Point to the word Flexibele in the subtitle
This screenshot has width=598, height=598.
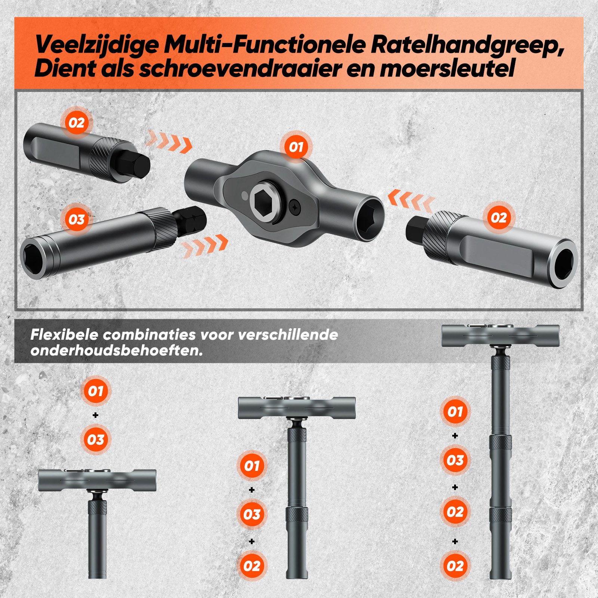(64, 335)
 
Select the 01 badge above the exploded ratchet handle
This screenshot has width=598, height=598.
(296, 147)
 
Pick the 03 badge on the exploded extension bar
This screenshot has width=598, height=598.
(77, 219)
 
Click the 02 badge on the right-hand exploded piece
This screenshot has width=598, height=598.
(499, 218)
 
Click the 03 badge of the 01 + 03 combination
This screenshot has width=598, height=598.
(95, 440)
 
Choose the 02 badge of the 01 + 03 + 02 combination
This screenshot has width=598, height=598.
(252, 566)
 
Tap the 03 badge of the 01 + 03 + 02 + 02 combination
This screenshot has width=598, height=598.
(455, 460)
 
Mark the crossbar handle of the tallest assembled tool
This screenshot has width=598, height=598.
(500, 336)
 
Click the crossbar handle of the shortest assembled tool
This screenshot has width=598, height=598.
(97, 480)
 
